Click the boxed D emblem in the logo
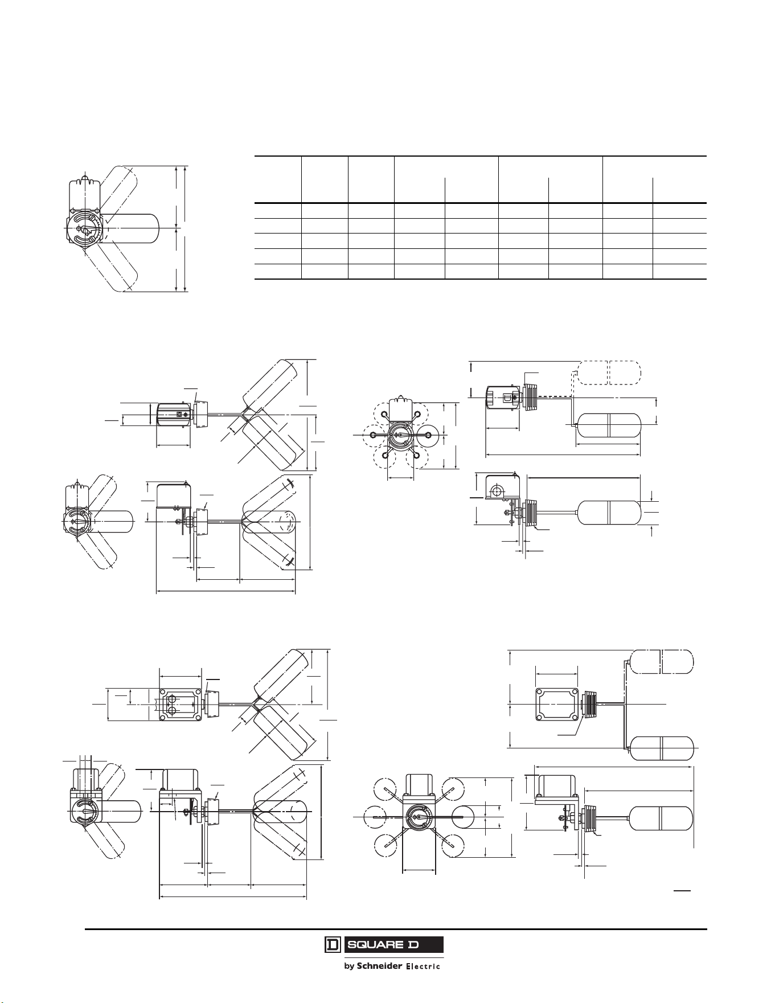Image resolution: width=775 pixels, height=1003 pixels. point(333,944)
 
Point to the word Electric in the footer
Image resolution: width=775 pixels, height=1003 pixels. point(422,967)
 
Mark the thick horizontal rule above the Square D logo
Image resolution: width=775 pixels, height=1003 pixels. point(396,929)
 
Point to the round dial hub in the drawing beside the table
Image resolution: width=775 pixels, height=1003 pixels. point(86,228)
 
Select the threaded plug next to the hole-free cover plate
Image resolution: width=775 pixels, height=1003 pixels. point(589,705)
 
